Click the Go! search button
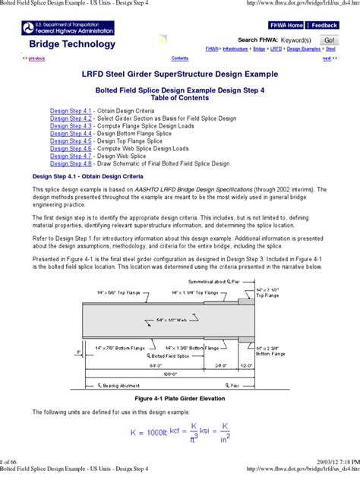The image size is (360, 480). (x=329, y=39)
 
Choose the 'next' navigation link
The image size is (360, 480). (x=327, y=58)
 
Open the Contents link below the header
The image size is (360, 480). (x=180, y=58)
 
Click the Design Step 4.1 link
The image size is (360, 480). (x=71, y=111)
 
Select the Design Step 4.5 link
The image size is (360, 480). (x=71, y=141)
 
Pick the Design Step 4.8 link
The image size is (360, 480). (x=71, y=163)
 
